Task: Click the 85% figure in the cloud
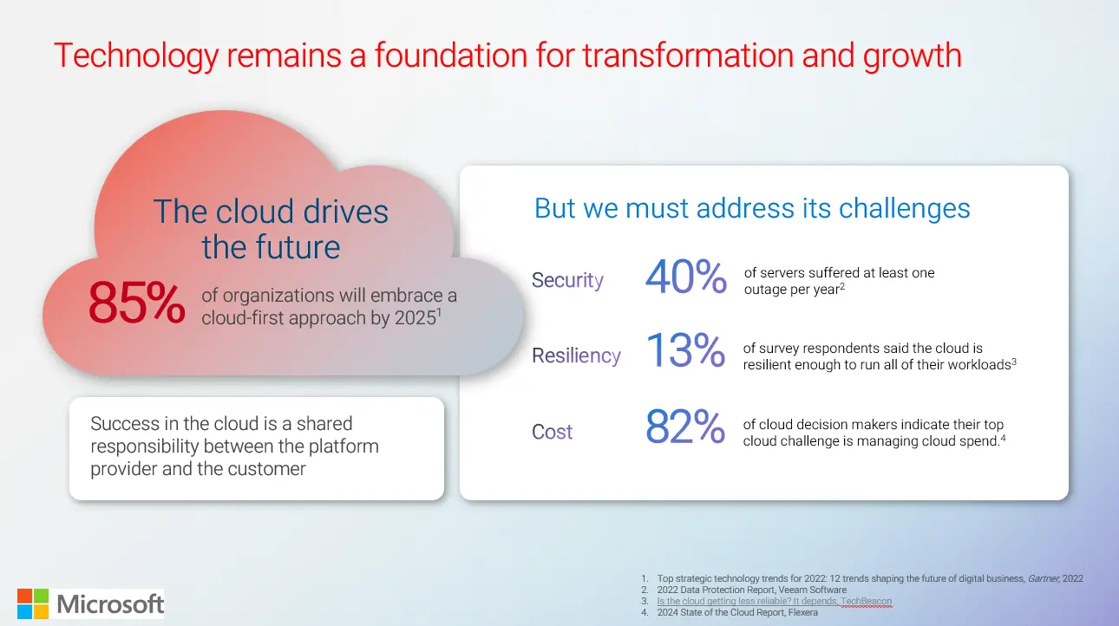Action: coord(137,303)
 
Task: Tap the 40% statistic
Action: coord(685,278)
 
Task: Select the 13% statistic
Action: coord(685,352)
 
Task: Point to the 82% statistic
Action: coord(685,427)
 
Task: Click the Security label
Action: coord(567,280)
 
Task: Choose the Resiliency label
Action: coord(576,355)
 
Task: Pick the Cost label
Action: coord(552,432)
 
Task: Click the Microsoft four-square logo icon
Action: coord(33,603)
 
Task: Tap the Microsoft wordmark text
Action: coord(110,603)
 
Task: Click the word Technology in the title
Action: coord(135,55)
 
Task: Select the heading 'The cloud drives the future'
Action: coord(271,229)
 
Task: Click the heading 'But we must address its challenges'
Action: coord(751,208)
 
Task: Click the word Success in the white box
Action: coord(126,424)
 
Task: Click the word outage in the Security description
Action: coord(766,289)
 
